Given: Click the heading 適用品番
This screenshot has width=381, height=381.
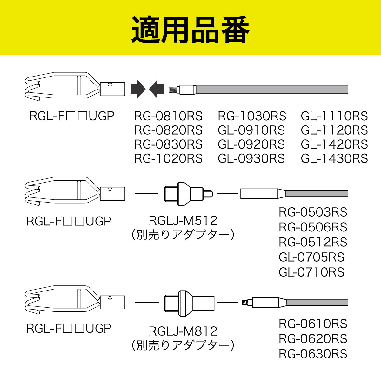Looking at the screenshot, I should pos(190,30).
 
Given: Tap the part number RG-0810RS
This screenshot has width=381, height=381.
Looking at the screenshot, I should pos(168,116).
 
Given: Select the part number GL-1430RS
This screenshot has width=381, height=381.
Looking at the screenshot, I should pos(334,158).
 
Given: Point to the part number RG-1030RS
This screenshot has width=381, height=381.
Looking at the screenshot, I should pos(252,116).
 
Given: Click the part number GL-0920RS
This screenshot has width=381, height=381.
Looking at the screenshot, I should pos(251,144).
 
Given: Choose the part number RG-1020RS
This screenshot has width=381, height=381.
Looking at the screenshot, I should pos(168,158).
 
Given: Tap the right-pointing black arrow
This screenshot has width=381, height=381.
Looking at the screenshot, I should pos(138,89).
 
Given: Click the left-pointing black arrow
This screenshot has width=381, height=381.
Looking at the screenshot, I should pos(157,89).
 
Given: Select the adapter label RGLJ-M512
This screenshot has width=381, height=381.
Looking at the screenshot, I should pos(183,220).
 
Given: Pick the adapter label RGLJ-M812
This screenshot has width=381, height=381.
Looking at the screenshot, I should pos(183,331).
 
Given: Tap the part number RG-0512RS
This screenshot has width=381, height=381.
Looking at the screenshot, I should pos(313,242).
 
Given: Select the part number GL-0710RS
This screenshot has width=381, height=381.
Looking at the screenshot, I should pos(311,272).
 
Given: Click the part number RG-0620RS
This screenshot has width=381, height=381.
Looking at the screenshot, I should pos(313,339).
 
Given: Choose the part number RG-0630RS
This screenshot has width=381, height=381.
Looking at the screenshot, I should pos(313,354).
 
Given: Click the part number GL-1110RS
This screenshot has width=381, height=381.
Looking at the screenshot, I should pos(334,116).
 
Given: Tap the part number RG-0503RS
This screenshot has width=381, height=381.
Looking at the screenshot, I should pos(313,212).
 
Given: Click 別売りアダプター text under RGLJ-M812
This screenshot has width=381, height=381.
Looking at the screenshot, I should pos(183,345).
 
